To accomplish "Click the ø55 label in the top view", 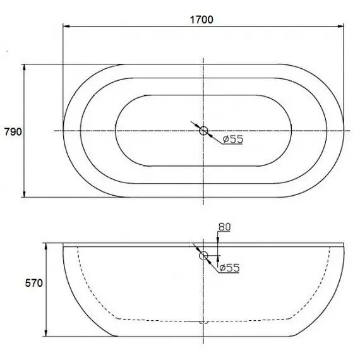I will (x=232, y=140).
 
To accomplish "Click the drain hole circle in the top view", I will (x=203, y=131).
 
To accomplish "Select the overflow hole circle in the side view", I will (x=203, y=256).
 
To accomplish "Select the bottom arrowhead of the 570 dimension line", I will (x=48, y=334).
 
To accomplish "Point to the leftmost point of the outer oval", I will (x=63, y=131).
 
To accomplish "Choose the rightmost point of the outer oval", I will (x=345, y=131).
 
